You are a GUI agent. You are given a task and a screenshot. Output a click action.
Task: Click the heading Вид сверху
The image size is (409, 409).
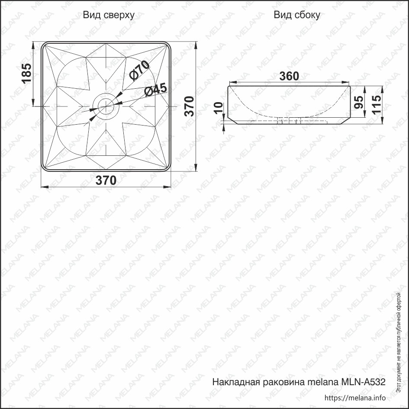(x=109, y=15)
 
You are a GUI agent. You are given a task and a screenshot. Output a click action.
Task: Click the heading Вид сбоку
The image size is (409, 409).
(x=297, y=15)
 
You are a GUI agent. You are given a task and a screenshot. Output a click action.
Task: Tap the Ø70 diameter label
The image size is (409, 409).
(x=139, y=71)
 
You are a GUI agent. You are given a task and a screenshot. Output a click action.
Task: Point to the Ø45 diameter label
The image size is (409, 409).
(x=155, y=90)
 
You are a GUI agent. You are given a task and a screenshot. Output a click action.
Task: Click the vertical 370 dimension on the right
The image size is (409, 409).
(x=190, y=106)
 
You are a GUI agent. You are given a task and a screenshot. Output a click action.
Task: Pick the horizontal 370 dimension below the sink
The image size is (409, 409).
(x=106, y=180)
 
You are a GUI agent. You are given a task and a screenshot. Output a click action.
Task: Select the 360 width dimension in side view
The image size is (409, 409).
(x=289, y=76)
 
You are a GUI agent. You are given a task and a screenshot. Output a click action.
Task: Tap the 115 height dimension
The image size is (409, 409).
(x=377, y=104)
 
